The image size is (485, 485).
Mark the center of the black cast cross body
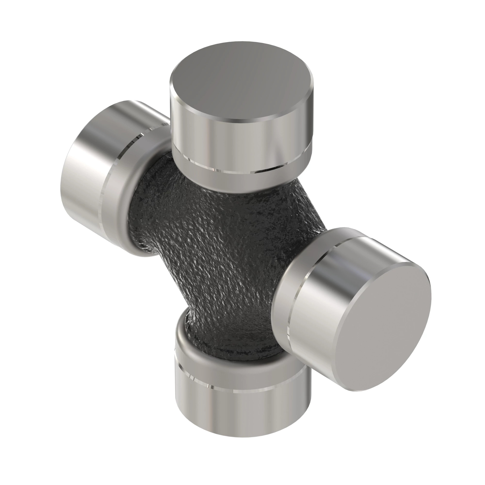(226, 251)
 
